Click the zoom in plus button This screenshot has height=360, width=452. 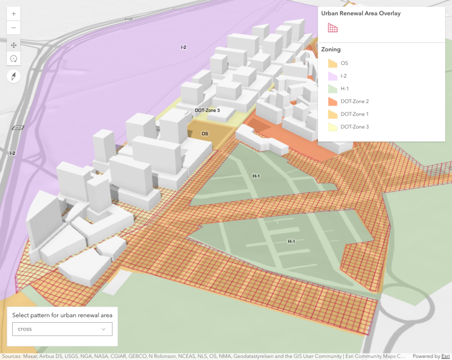pyautogui.click(x=14, y=13)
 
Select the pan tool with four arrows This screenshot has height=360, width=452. pyautogui.click(x=14, y=45)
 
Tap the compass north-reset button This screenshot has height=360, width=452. pyautogui.click(x=14, y=77)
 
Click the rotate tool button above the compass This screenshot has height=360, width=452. pyautogui.click(x=14, y=59)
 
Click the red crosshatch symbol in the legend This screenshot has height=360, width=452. pyautogui.click(x=332, y=28)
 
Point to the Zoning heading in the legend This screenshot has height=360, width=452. pyautogui.click(x=331, y=49)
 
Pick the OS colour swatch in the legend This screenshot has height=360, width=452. pyautogui.click(x=332, y=63)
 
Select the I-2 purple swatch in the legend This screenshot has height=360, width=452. pyautogui.click(x=332, y=76)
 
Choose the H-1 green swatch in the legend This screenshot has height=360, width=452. pyautogui.click(x=332, y=89)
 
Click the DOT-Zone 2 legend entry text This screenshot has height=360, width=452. pyautogui.click(x=354, y=102)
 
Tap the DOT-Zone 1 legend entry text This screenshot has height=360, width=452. pyautogui.click(x=354, y=114)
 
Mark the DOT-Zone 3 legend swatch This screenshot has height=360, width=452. pyautogui.click(x=332, y=127)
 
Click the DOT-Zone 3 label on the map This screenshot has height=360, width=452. pyautogui.click(x=207, y=110)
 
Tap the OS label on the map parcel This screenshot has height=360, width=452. pyautogui.click(x=205, y=134)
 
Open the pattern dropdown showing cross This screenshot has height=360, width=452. pyautogui.click(x=62, y=329)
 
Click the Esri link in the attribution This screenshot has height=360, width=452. pyautogui.click(x=446, y=356)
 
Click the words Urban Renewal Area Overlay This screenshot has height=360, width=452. pyautogui.click(x=361, y=13)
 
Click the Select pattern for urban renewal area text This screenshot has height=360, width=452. pyautogui.click(x=62, y=315)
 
